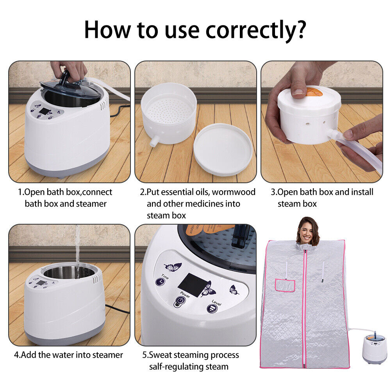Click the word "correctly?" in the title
(x=255, y=30)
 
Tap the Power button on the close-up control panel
(x=180, y=301)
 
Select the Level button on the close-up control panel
(x=212, y=309)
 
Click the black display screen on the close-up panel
(x=193, y=284)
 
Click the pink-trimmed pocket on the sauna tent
(x=285, y=286)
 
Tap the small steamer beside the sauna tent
(x=374, y=348)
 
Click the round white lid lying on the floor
(x=223, y=150)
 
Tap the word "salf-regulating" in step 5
(x=177, y=367)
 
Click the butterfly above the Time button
(x=173, y=267)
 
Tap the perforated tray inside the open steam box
(x=168, y=111)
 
